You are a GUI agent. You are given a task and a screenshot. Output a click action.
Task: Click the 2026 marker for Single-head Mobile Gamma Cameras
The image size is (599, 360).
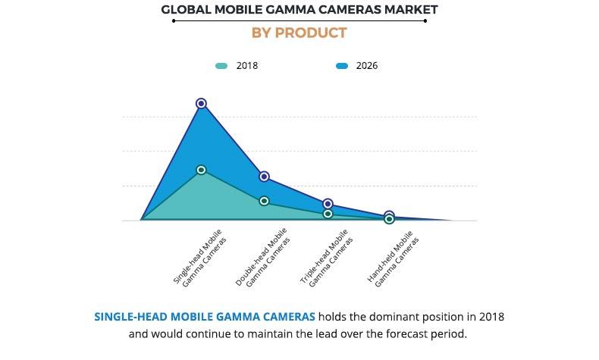[x=201, y=103]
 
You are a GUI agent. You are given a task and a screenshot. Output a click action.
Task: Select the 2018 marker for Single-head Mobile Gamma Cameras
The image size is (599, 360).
[x=201, y=170]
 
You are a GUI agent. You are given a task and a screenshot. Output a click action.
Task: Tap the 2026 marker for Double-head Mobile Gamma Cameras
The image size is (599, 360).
[x=264, y=177]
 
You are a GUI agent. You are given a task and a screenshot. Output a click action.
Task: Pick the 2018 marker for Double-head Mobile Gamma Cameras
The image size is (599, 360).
[x=264, y=201]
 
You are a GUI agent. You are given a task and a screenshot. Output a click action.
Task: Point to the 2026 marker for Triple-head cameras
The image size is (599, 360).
[x=328, y=204]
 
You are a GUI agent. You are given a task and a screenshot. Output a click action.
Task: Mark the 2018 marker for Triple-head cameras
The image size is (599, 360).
[x=328, y=214]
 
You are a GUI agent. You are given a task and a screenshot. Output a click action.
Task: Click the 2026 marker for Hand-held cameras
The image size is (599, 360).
[x=389, y=216]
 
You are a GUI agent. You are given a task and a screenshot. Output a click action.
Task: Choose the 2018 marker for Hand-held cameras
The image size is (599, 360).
[x=389, y=219]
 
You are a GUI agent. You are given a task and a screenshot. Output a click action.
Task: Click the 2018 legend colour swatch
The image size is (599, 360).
[x=221, y=66]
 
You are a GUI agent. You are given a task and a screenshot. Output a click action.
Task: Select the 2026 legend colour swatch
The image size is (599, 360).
[x=342, y=66]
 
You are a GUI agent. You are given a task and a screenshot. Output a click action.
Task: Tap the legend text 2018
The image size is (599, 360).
[x=246, y=66]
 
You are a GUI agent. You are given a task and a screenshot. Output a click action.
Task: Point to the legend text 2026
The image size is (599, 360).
[x=367, y=66]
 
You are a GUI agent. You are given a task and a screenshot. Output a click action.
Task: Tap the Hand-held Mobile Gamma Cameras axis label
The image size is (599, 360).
[x=391, y=258]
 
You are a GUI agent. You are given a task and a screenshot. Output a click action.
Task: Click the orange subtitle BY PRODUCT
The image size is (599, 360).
[x=299, y=33]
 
